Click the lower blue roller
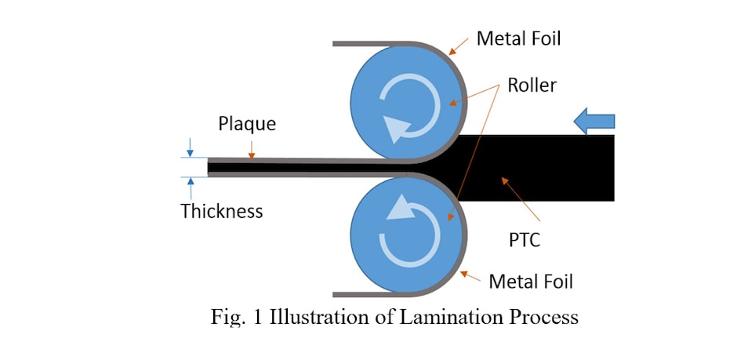(x=404, y=235)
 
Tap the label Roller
(x=532, y=85)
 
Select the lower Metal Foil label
(x=531, y=281)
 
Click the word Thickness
(x=222, y=211)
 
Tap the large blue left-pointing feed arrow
(x=594, y=121)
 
